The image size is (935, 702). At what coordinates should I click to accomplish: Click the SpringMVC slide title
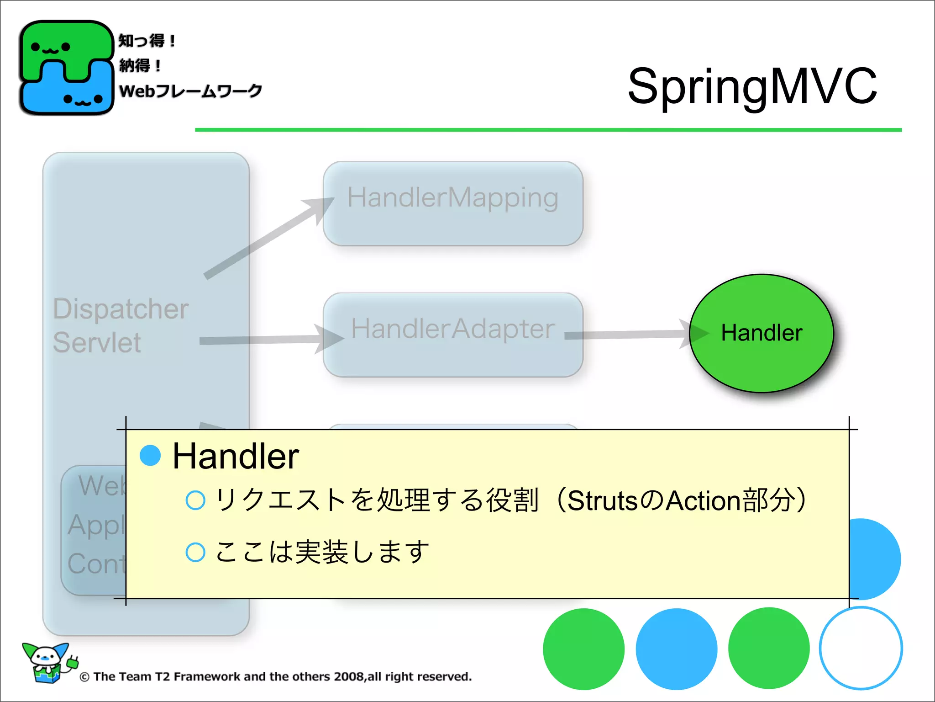point(752,86)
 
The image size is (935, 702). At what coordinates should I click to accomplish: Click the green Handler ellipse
point(761,333)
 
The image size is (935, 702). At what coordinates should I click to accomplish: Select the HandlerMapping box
point(452,203)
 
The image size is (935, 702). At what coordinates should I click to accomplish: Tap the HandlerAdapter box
point(452,335)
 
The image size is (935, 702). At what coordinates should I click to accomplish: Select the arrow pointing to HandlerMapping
point(269,238)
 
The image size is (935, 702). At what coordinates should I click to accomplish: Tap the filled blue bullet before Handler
point(150,455)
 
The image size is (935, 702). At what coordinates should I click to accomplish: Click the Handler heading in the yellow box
point(236,456)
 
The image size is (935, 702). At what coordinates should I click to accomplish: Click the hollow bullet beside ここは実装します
point(195,552)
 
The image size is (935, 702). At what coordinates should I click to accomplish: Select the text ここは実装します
point(322,552)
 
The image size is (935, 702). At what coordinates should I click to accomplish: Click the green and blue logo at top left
point(66,68)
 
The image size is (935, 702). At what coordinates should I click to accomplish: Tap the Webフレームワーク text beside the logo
point(190,91)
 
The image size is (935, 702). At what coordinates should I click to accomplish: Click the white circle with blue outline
point(861,648)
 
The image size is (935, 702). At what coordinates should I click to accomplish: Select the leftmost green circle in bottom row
point(583,649)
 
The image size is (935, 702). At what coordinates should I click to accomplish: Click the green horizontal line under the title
point(548,130)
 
